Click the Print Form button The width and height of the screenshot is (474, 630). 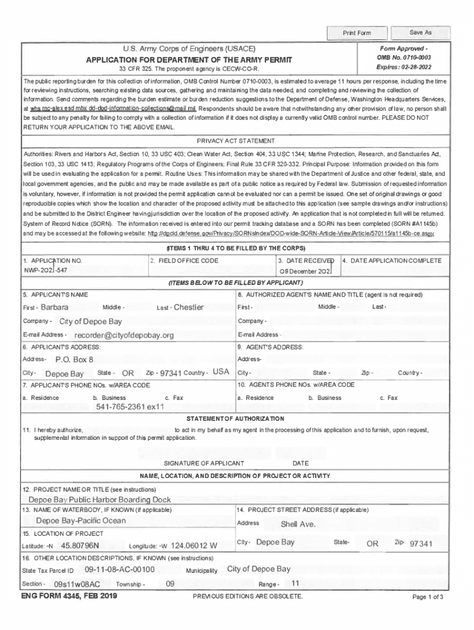[x=357, y=33]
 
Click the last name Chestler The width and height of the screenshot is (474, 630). [x=188, y=307]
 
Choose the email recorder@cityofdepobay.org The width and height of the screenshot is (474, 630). [x=124, y=335]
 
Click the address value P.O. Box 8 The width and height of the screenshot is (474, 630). [x=74, y=359]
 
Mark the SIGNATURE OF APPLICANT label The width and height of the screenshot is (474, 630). [x=204, y=463]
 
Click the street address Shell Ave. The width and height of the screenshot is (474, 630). [x=298, y=524]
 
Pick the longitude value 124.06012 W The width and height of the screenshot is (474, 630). [x=194, y=545]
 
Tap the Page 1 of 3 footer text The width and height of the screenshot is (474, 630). [x=428, y=597]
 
